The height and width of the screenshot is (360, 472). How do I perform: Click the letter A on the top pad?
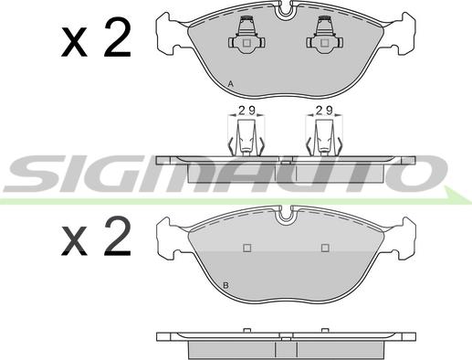point(231,84)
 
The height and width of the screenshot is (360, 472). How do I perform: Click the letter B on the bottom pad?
point(226,286)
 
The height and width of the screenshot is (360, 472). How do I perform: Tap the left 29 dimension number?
point(246,111)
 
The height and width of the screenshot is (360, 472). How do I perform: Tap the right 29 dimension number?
point(324,111)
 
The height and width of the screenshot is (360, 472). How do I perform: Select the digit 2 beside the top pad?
point(118,37)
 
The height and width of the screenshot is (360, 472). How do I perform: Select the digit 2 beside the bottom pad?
point(118,236)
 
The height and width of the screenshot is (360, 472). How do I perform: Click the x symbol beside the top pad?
point(74,43)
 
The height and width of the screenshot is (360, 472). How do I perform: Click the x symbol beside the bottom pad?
point(74,241)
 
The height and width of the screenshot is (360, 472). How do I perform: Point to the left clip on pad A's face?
point(246,36)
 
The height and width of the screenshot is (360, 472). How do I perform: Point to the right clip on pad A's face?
point(325,36)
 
